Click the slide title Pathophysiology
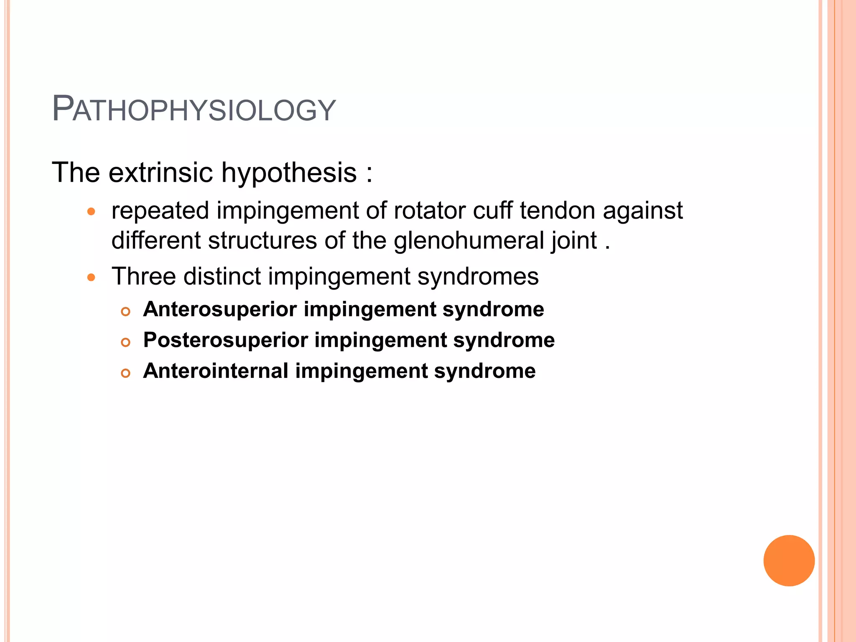pyautogui.click(x=194, y=110)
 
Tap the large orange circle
pyautogui.click(x=789, y=560)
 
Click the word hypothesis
pyautogui.click(x=289, y=173)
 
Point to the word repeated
pyautogui.click(x=160, y=211)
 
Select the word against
pyautogui.click(x=643, y=211)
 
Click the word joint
pyautogui.click(x=574, y=242)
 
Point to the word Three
pyautogui.click(x=144, y=276)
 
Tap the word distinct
pyautogui.click(x=222, y=276)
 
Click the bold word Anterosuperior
pyautogui.click(x=220, y=310)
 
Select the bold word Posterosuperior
pyautogui.click(x=225, y=340)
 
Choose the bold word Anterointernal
pyautogui.click(x=216, y=371)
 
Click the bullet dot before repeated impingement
pyautogui.click(x=92, y=211)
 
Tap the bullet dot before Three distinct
pyautogui.click(x=92, y=277)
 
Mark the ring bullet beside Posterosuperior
pyautogui.click(x=125, y=342)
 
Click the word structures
pyautogui.click(x=262, y=241)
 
